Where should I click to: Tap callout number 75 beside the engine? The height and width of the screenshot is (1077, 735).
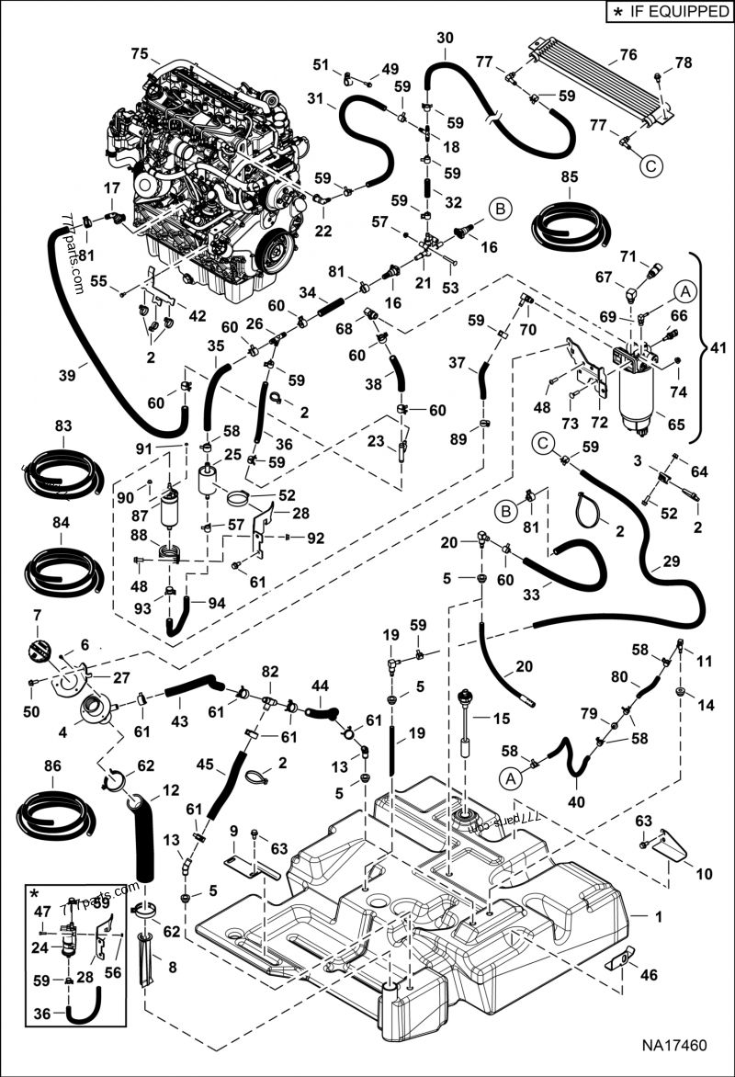tap(139, 52)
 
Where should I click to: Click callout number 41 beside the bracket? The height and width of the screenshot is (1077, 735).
tap(717, 349)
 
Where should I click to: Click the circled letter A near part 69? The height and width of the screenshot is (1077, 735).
tap(684, 291)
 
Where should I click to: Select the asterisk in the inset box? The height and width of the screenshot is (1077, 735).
tap(34, 893)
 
